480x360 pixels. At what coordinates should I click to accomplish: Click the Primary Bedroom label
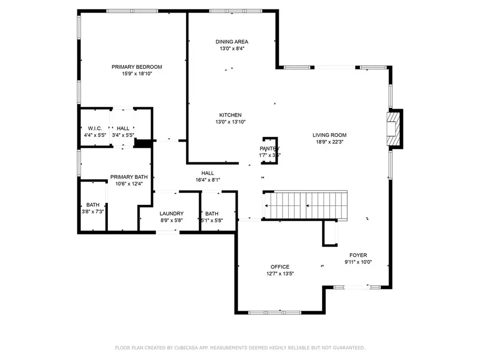(136, 67)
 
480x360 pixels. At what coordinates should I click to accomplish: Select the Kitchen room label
(230, 115)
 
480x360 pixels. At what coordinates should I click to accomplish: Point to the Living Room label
(330, 135)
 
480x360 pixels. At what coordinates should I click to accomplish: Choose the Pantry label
(270, 149)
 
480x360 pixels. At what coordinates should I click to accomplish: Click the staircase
(307, 205)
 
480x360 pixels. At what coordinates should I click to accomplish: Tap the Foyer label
(358, 255)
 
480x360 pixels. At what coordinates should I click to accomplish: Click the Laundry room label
(171, 213)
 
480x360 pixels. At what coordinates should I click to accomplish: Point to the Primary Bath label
(129, 177)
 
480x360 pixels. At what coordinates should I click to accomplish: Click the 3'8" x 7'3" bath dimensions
(92, 212)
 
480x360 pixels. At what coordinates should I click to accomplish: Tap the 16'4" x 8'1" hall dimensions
(208, 180)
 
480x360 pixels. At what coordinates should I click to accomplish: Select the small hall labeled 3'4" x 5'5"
(123, 128)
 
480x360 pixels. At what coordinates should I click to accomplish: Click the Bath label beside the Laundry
(211, 213)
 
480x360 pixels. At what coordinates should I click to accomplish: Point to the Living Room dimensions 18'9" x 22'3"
(330, 142)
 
